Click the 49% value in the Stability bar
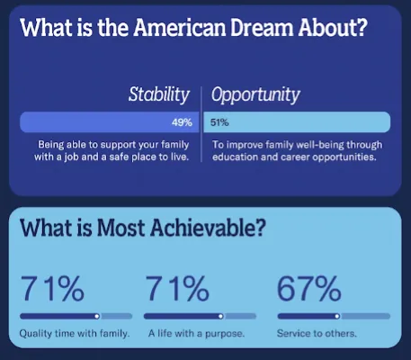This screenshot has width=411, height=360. point(182,122)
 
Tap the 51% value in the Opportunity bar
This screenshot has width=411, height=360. point(219,122)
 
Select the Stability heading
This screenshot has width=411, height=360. point(159,94)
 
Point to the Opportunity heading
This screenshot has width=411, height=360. point(255,95)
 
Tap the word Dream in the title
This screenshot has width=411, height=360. point(262,27)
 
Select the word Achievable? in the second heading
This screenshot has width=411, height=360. point(208,228)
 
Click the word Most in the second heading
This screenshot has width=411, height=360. point(121,228)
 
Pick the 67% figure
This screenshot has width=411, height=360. point(309,289)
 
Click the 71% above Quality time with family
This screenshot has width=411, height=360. point(52,289)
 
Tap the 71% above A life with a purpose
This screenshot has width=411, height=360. point(177,289)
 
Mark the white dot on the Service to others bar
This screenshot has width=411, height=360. point(337,316)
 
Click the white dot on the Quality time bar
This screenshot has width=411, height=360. point(97,316)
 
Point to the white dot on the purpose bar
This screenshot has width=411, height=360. point(220,316)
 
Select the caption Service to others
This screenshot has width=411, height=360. point(317,333)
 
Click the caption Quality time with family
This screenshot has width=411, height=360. point(75,334)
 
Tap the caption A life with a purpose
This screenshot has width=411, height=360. point(196,334)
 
